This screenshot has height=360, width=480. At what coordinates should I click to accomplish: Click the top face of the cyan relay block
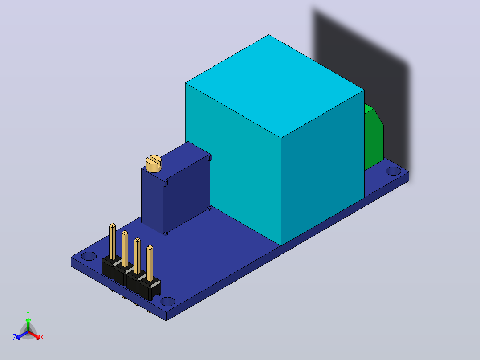275,86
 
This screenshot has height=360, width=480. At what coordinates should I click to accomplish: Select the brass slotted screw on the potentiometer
154,164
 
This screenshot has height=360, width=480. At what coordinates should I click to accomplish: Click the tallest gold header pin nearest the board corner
112,241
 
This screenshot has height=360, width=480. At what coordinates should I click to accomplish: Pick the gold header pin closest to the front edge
150,263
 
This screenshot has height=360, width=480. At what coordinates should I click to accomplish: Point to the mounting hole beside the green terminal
393,171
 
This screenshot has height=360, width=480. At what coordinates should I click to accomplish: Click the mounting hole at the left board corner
89,256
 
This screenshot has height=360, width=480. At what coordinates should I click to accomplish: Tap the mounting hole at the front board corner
167,302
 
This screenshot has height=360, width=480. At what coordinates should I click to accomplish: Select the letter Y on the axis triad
28,313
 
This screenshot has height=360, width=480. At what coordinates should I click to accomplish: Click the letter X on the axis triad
42,337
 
